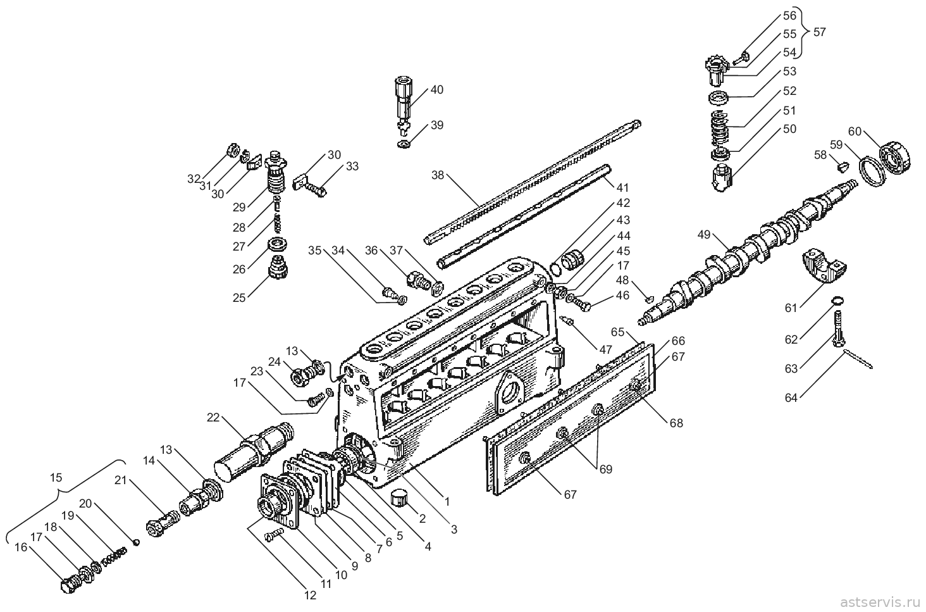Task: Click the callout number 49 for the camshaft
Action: point(703,234)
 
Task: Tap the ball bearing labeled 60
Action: point(895,158)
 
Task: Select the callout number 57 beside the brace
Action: point(819,32)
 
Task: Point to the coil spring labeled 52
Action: point(722,129)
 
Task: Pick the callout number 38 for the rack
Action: point(437,175)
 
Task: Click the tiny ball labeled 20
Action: point(137,542)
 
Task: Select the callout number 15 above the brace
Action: point(56,478)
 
